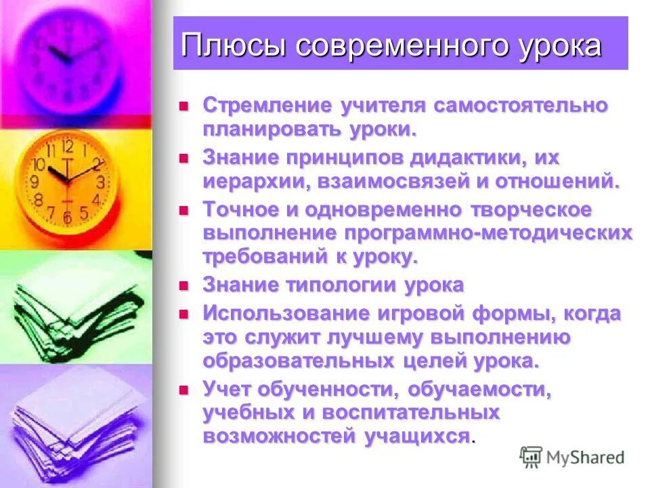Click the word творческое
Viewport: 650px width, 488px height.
click(x=527, y=209)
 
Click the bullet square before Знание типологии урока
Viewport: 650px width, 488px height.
click(x=182, y=285)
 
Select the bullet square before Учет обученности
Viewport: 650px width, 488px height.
click(x=182, y=390)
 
